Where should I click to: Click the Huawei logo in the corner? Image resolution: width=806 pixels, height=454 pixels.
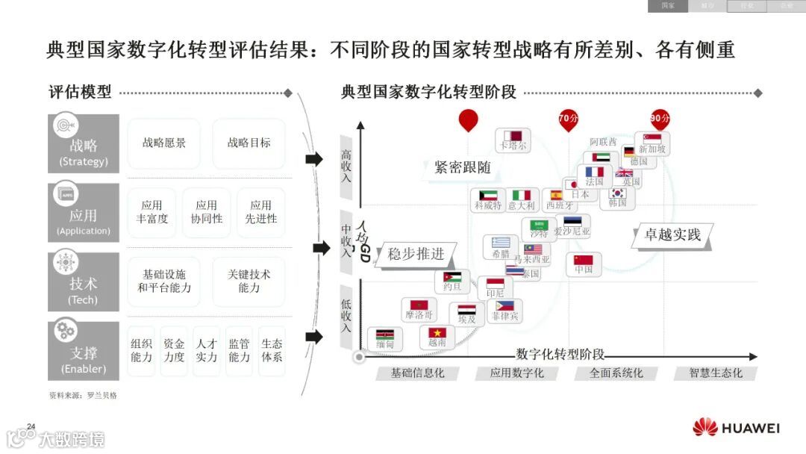[735, 428]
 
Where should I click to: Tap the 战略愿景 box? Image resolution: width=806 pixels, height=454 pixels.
[164, 143]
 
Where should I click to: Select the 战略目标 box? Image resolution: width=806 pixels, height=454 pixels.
[249, 143]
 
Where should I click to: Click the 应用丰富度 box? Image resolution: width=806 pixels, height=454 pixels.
[152, 212]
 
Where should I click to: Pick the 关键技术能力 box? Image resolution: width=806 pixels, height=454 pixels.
[249, 281]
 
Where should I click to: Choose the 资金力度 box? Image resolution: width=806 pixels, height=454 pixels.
[174, 350]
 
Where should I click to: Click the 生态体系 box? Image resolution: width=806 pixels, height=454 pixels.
[272, 350]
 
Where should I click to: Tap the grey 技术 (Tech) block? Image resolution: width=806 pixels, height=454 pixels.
[84, 282]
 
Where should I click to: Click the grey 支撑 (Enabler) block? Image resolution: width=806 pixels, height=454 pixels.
[84, 351]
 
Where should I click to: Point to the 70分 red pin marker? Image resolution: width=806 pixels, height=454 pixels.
[569, 119]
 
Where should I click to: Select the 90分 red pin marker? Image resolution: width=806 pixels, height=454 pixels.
[660, 119]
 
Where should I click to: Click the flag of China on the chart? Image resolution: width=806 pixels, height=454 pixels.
[584, 261]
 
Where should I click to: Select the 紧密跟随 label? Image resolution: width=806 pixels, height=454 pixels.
[463, 167]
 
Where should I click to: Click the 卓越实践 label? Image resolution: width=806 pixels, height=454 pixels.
[672, 234]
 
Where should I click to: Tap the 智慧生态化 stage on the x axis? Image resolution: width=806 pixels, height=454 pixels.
[716, 373]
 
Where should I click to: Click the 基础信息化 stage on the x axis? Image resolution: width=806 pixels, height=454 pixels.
[417, 373]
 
